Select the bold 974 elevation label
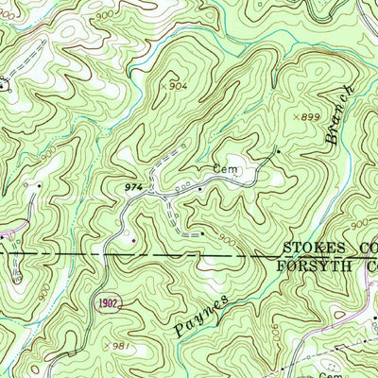[x=134, y=189]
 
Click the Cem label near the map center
[x=223, y=170]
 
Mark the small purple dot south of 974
[x=132, y=239]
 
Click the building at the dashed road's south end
[x=201, y=231]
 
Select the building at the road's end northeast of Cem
[x=277, y=150]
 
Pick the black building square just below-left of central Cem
[x=200, y=189]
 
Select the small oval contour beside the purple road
[x=17, y=275]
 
